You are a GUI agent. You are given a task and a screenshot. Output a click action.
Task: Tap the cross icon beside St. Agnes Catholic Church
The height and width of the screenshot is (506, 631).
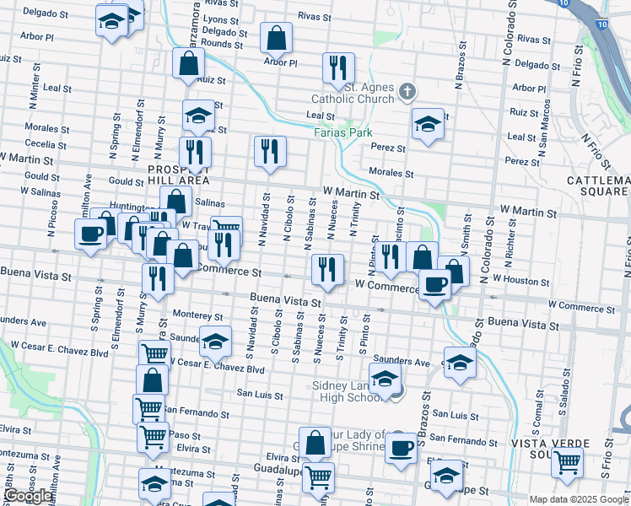click(407, 90)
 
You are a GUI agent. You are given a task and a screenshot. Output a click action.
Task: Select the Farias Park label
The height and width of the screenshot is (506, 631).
click(343, 132)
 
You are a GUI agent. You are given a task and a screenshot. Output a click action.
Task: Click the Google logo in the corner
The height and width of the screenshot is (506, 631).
click(28, 496)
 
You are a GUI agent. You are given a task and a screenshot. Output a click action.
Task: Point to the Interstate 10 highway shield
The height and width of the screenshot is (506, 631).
click(601, 24)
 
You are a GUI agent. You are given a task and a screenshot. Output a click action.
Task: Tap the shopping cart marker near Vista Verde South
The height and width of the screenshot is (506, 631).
click(567, 461)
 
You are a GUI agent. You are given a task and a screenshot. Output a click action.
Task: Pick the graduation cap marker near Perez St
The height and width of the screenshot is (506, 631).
click(429, 123)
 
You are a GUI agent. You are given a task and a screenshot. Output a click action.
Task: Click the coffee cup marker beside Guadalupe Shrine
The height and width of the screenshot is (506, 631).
click(402, 446)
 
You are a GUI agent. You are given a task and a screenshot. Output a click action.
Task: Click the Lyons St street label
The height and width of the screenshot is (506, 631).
click(221, 19)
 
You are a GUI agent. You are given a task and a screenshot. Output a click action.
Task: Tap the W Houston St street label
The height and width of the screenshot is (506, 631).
click(520, 278)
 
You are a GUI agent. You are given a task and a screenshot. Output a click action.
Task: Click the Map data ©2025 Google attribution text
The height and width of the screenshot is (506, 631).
click(580, 499)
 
